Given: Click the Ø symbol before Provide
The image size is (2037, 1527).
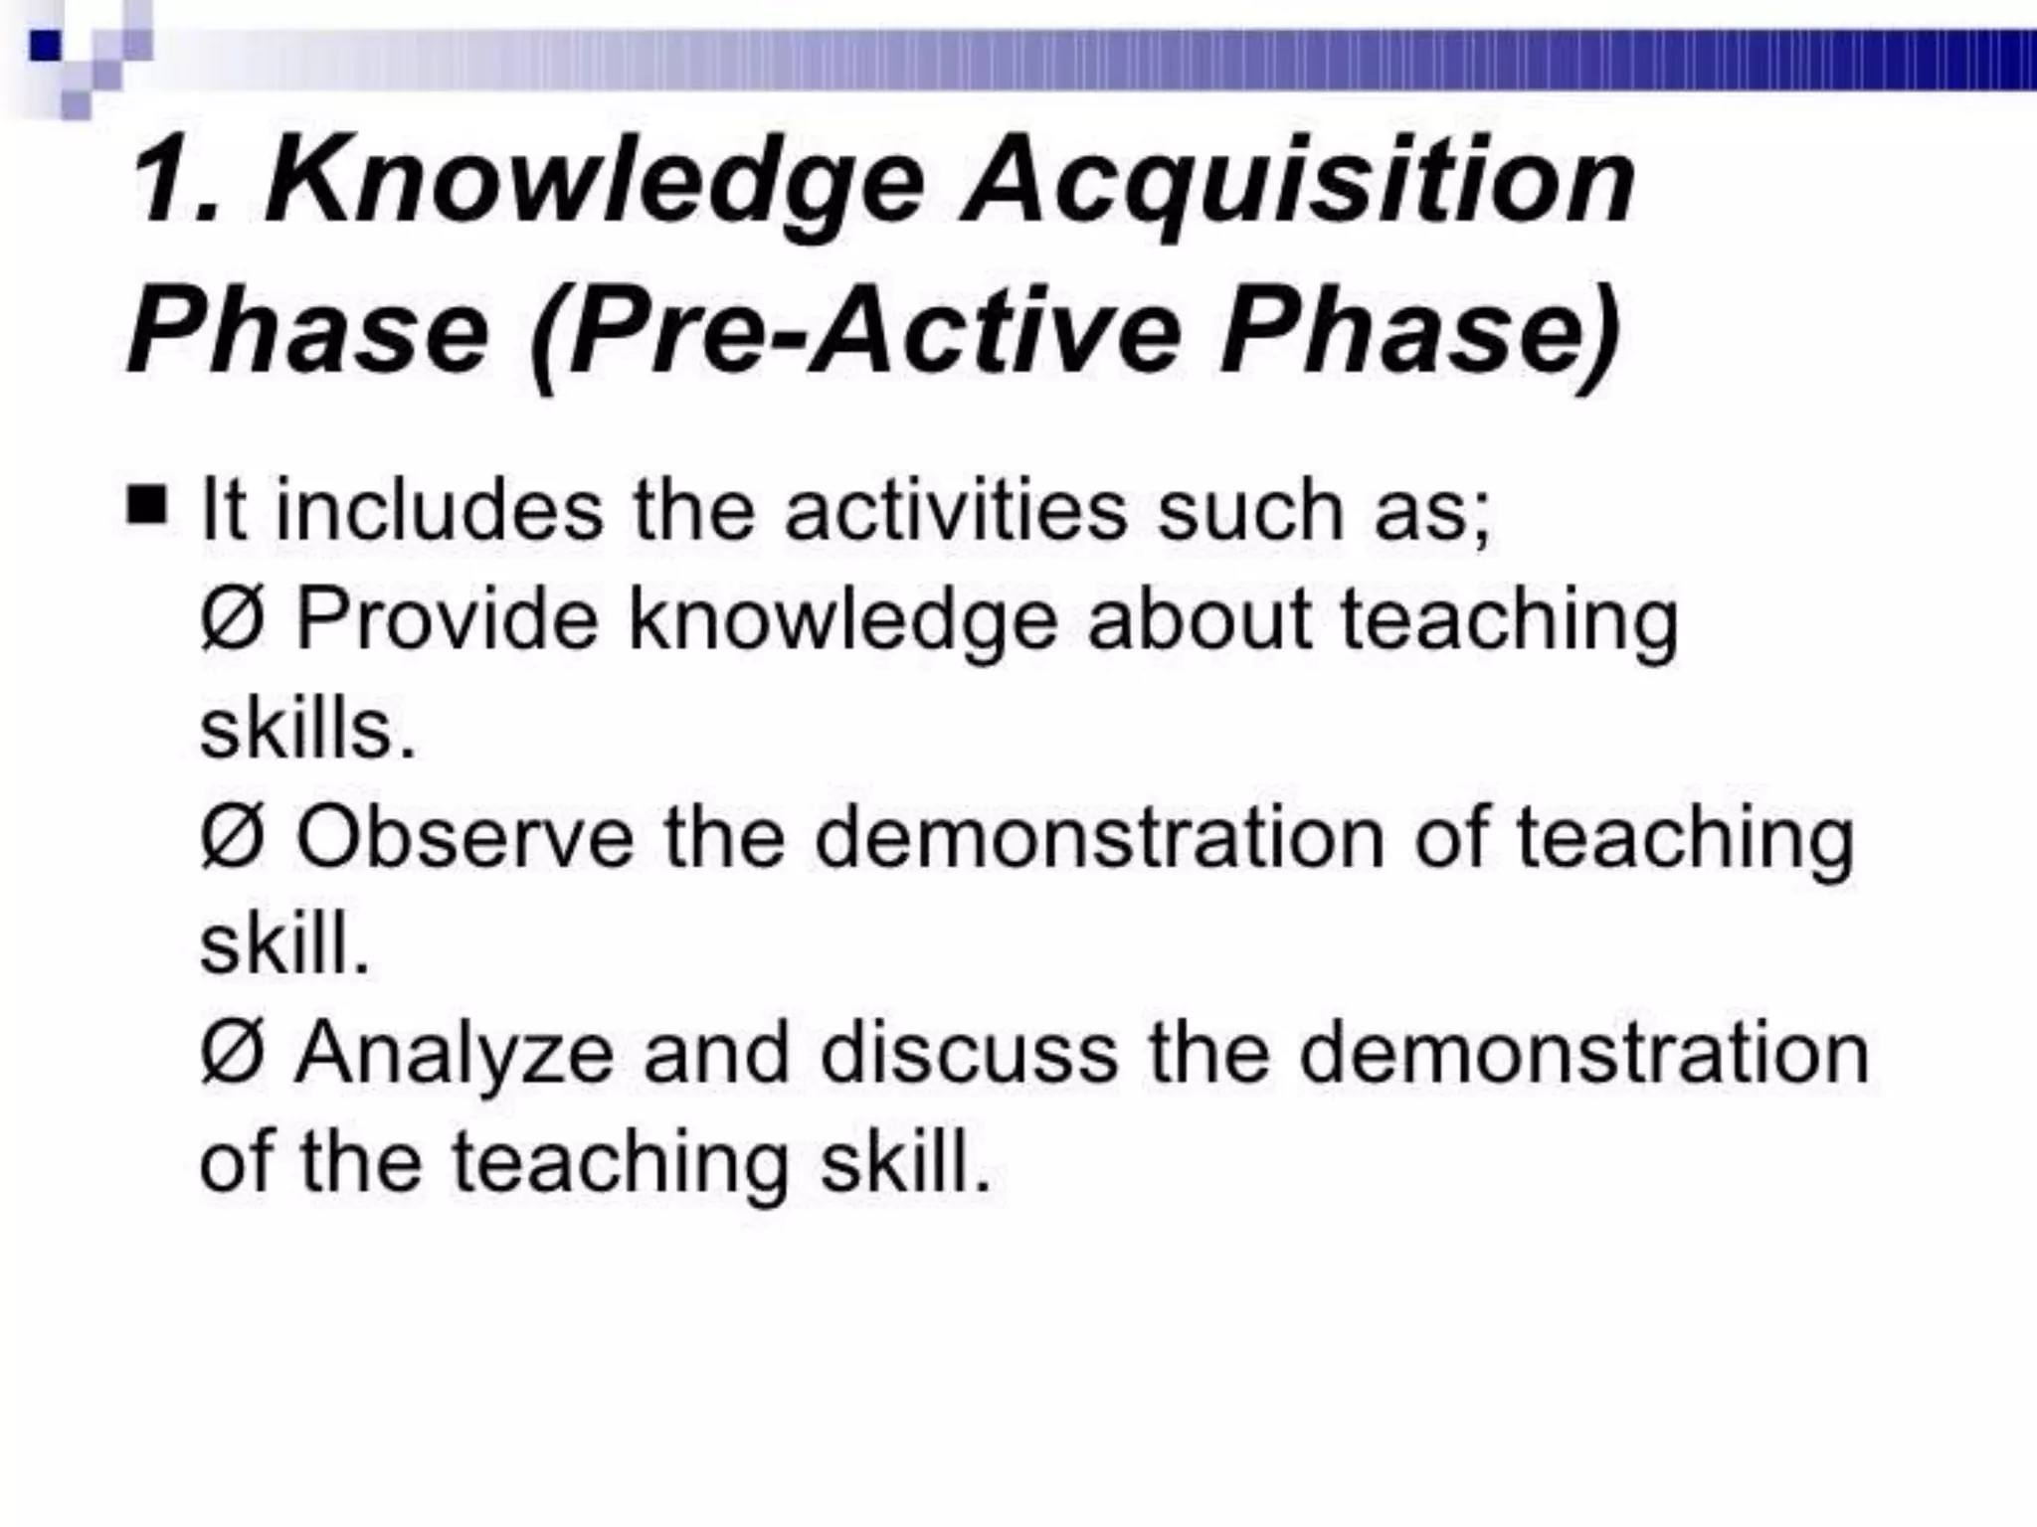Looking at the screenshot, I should (232, 618).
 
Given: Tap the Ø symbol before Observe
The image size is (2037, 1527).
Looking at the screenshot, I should (232, 837).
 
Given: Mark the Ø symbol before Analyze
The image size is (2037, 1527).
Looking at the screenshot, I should (232, 1054).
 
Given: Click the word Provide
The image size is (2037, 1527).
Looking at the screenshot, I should (448, 618).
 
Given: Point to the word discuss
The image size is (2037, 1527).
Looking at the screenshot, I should (969, 1054).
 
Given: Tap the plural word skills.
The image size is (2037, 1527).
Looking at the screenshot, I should (306, 728).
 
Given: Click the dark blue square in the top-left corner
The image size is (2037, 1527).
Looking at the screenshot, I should (46, 46).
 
